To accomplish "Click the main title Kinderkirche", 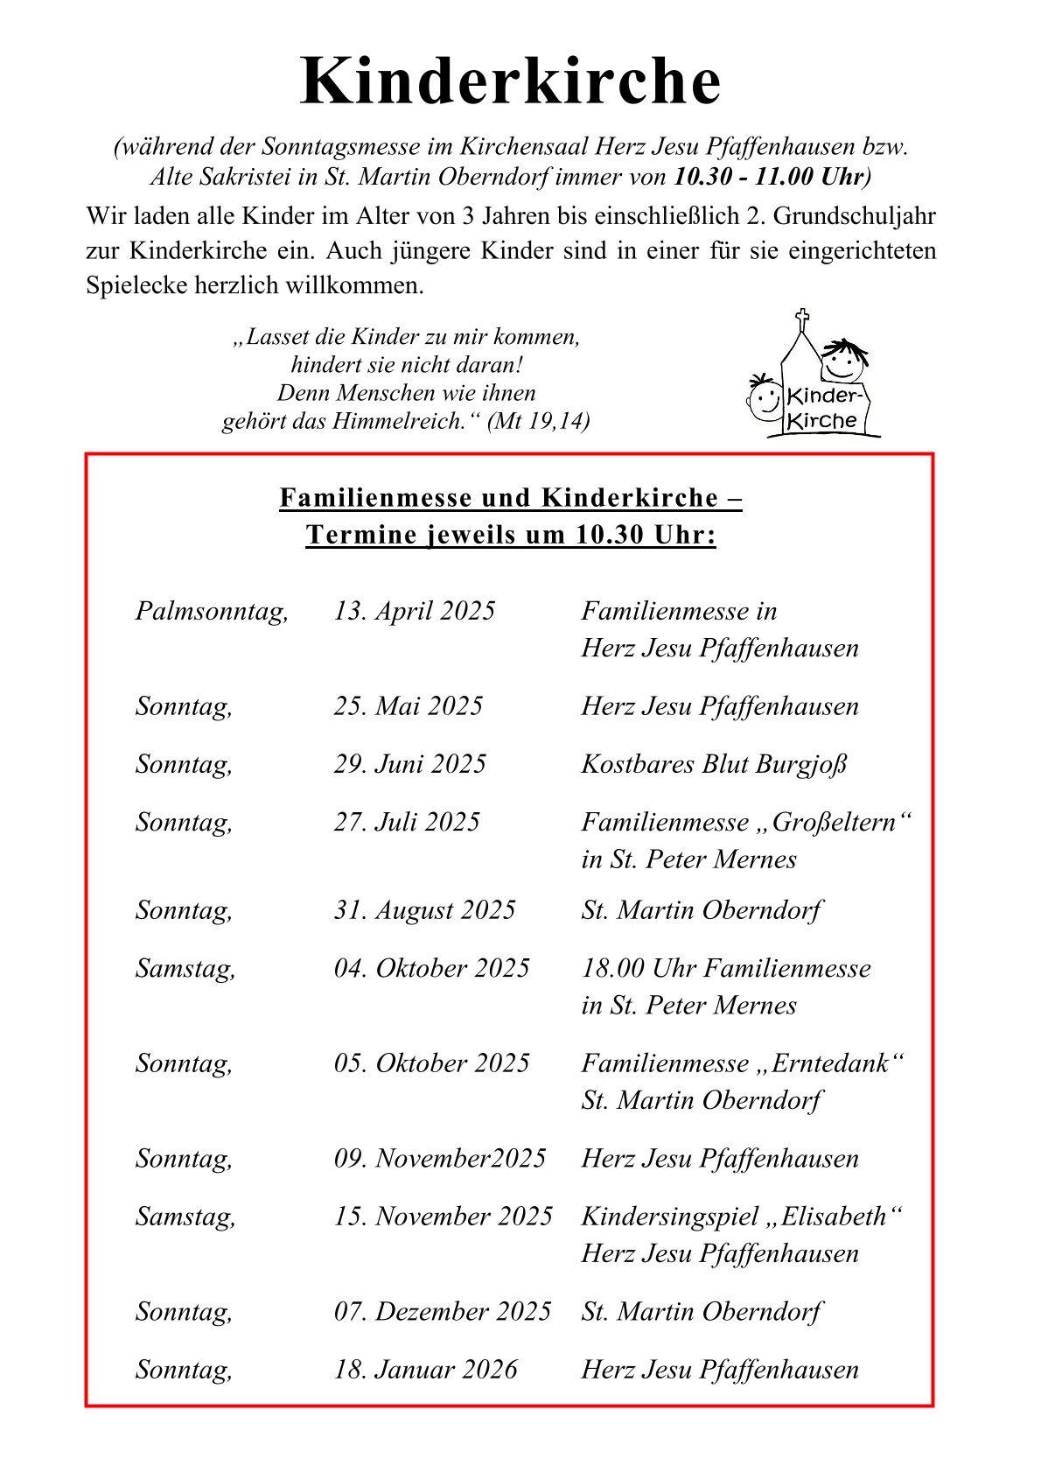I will (511, 81).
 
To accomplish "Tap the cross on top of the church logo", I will (801, 318).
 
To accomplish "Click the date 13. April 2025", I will (414, 611).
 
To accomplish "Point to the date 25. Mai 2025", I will (408, 706).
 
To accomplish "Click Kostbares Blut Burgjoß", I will (714, 764).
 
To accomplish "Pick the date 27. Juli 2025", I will (407, 822).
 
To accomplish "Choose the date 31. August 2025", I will (424, 910).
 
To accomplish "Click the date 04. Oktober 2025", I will (431, 968).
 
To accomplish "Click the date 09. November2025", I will (439, 1159).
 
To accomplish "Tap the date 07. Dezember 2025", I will (442, 1312).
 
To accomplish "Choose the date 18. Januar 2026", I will (425, 1370).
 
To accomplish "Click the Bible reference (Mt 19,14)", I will (538, 421).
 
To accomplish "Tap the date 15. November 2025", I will (443, 1217).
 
